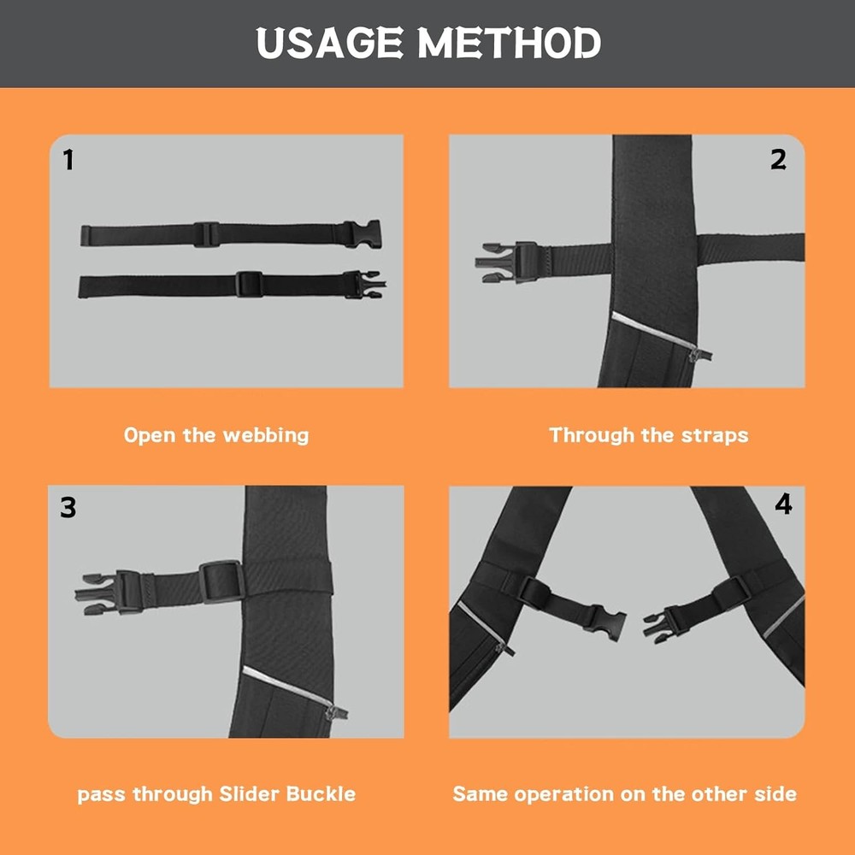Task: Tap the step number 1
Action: coord(69,159)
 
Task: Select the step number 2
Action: coord(778,159)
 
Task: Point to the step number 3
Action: coord(68,508)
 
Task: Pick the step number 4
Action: coord(783,504)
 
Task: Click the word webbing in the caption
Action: coord(265,435)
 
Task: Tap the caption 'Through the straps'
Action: coord(648,435)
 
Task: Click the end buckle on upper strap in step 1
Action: coord(363,234)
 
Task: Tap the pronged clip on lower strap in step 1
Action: coord(365,285)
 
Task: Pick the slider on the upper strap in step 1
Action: coord(206,234)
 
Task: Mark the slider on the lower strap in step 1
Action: coord(249,284)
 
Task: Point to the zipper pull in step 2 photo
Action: coord(703,354)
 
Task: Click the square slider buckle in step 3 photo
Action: coord(222,581)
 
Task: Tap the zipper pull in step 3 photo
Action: coord(338,711)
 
